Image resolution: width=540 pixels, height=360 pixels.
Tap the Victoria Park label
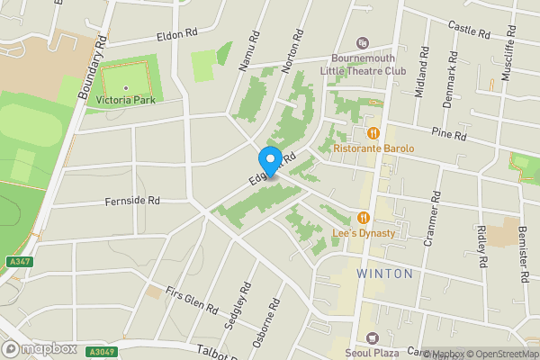pos(126,99)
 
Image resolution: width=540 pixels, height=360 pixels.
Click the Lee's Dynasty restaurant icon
pos(363,217)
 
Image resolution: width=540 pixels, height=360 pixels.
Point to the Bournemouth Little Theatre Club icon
pos(363,42)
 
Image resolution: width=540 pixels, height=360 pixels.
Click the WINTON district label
pos(384,273)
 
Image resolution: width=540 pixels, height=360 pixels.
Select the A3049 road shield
pos(103,352)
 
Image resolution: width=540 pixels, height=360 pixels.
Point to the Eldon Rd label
pos(176,33)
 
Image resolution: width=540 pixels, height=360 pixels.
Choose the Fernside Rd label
pos(131,201)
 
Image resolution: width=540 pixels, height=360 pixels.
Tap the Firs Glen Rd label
pos(192,301)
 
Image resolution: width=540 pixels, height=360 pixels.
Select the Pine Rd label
pos(448,136)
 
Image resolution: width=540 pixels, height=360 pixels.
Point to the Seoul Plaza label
pos(375,352)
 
